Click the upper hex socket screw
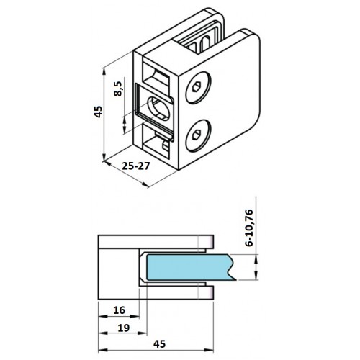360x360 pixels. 199,88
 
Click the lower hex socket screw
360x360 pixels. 199,136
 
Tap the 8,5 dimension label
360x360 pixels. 118,89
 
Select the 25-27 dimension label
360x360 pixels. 136,166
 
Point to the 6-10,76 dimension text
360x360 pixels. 249,228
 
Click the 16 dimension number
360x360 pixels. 120,310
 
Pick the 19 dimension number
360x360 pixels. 124,328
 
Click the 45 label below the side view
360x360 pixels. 160,344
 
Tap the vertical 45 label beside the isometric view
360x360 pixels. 98,112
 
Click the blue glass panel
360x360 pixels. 189,267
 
